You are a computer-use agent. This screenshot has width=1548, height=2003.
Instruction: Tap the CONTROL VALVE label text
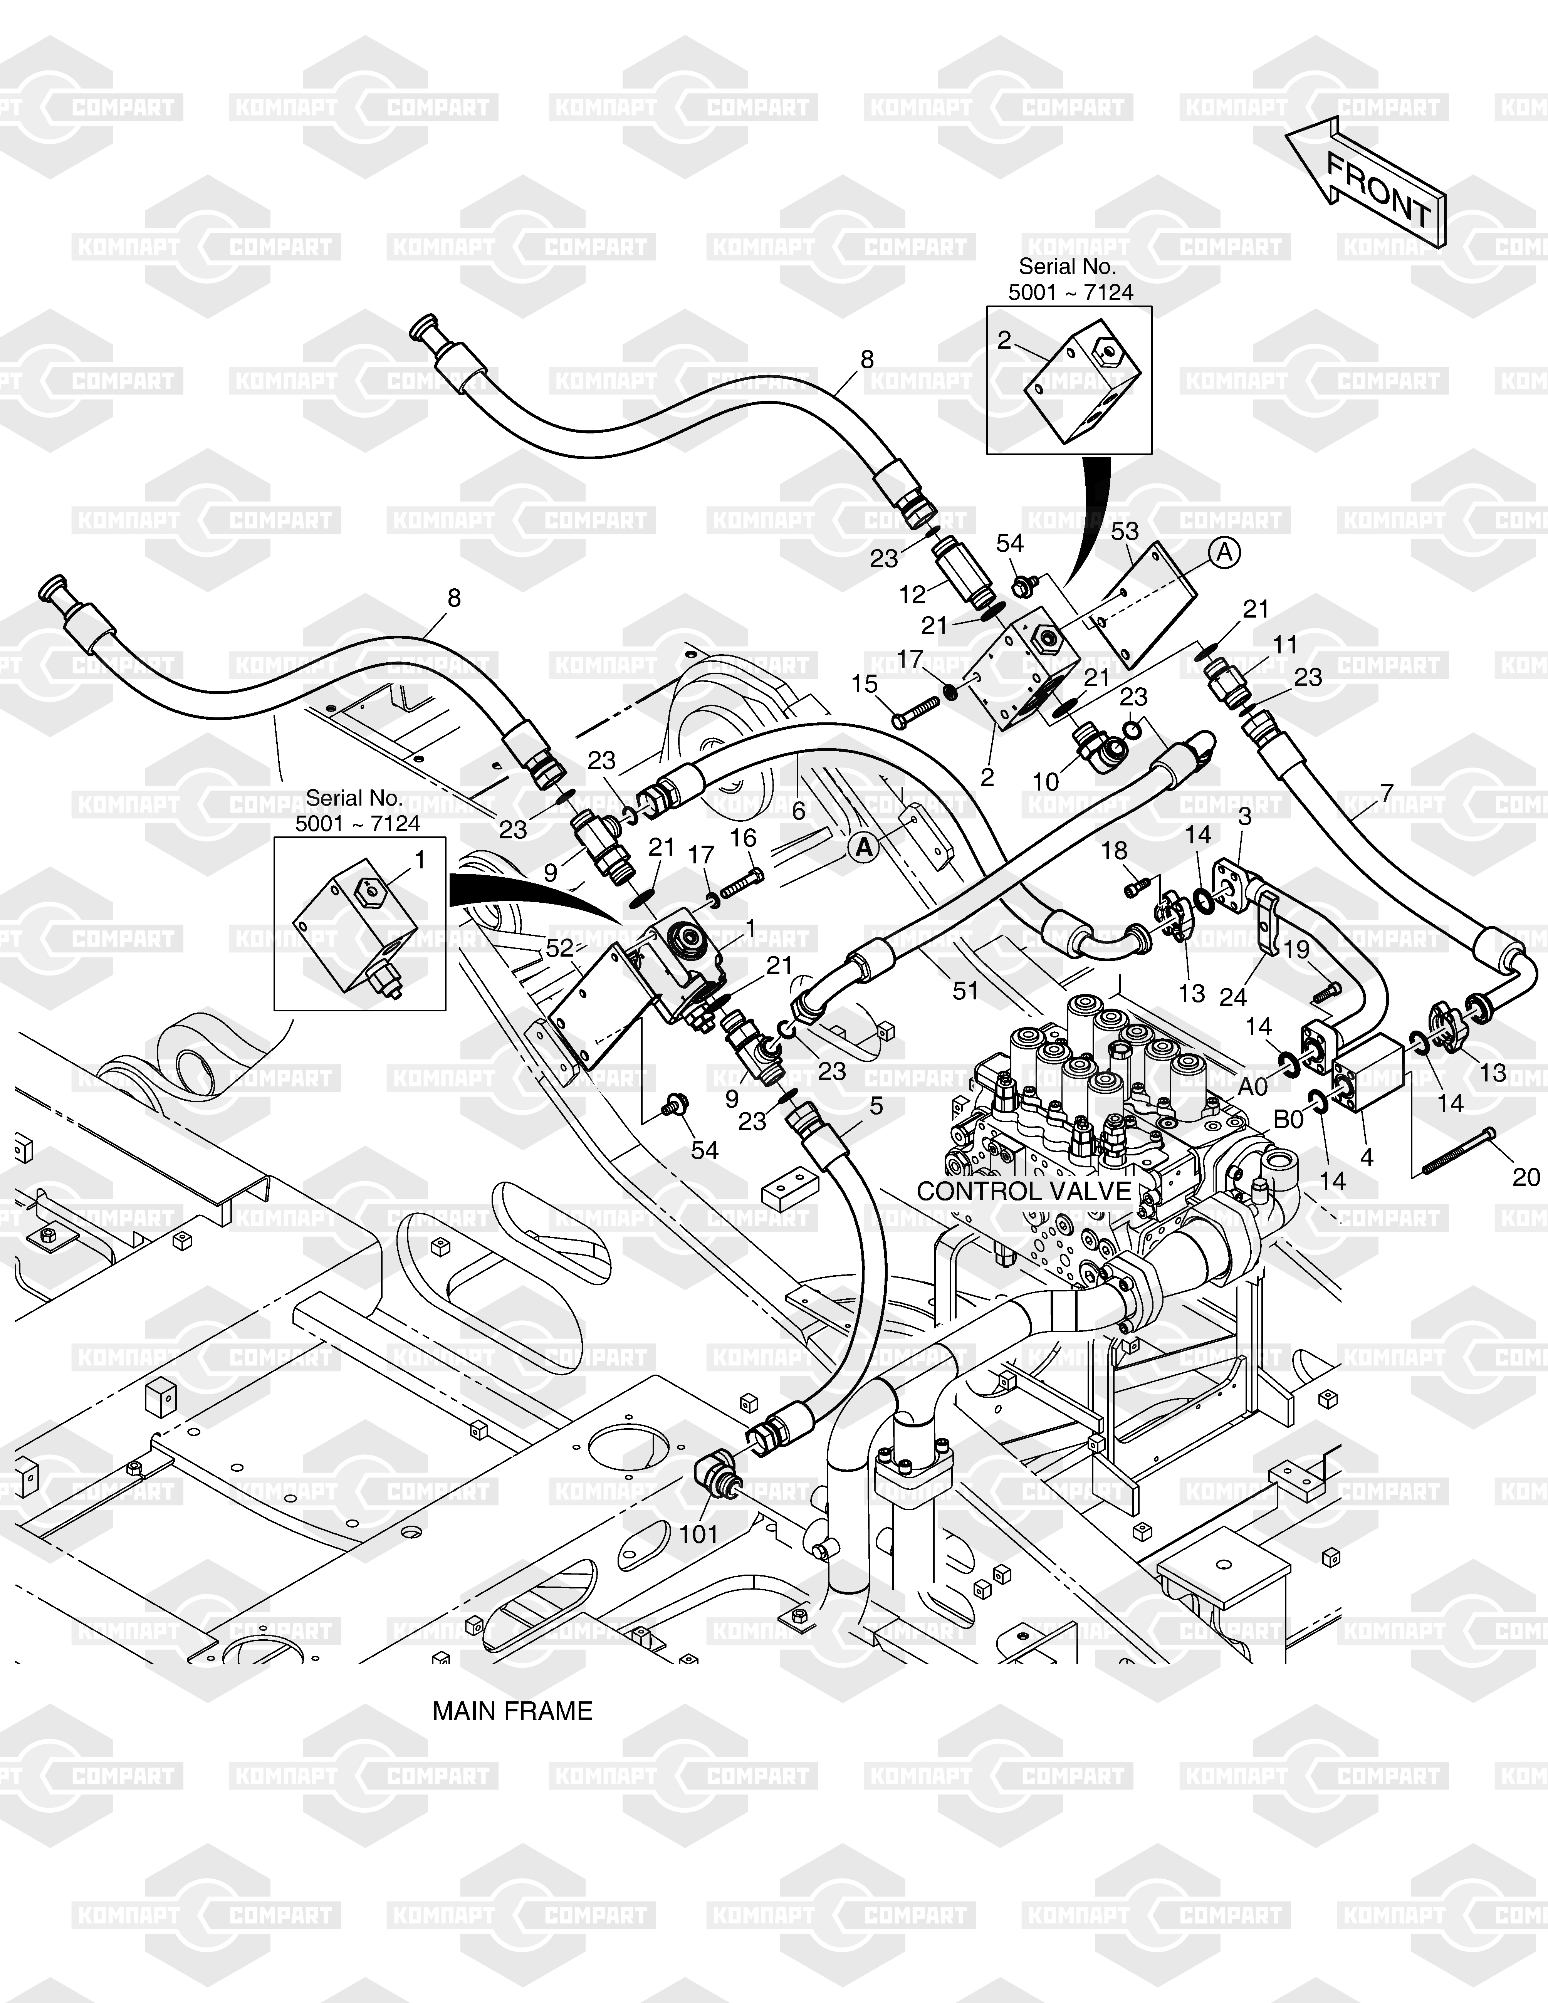(x=1023, y=1191)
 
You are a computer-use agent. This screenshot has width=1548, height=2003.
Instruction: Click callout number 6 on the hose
(x=799, y=811)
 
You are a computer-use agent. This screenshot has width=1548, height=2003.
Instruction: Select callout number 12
(x=912, y=595)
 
